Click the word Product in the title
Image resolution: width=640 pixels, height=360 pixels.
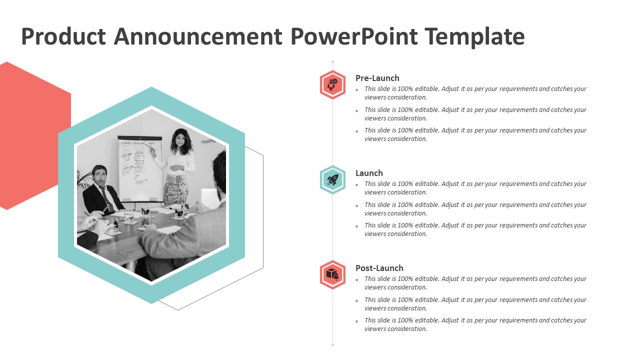tap(63, 36)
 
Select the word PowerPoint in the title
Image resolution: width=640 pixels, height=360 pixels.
tap(354, 36)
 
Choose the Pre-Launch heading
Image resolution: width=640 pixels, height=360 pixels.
tap(377, 78)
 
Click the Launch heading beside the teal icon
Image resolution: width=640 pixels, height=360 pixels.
tap(369, 173)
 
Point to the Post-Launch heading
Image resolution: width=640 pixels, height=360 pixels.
tap(379, 268)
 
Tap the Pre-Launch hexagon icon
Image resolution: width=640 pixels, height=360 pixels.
tap(332, 85)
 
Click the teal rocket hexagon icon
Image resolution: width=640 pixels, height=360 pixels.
tap(332, 180)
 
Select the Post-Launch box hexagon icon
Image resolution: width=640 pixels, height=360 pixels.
tap(332, 275)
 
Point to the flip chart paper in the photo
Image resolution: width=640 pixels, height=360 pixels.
tap(140, 169)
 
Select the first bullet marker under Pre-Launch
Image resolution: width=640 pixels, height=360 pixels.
tap(357, 90)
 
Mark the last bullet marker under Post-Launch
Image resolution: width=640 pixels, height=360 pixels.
tap(357, 321)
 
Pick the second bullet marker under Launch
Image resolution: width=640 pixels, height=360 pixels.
tap(357, 205)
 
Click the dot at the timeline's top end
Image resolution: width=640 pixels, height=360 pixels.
tap(332, 61)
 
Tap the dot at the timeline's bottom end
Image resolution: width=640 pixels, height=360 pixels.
tap(332, 345)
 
